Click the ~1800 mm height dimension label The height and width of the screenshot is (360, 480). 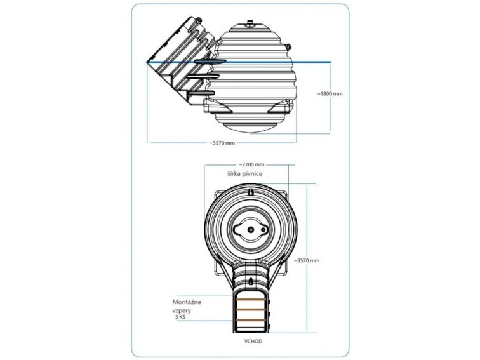(x=330, y=94)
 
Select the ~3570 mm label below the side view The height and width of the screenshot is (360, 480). (x=222, y=143)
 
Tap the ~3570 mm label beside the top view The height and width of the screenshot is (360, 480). (x=307, y=260)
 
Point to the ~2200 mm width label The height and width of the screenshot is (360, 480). (x=251, y=164)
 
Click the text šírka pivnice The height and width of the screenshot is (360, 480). (x=244, y=173)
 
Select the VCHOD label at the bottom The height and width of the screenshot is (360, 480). (x=253, y=342)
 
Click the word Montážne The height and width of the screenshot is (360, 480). (x=187, y=302)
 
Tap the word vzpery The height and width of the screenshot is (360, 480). (x=181, y=310)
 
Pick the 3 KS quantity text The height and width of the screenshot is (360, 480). (x=180, y=317)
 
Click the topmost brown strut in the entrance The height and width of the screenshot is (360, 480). (x=251, y=300)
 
